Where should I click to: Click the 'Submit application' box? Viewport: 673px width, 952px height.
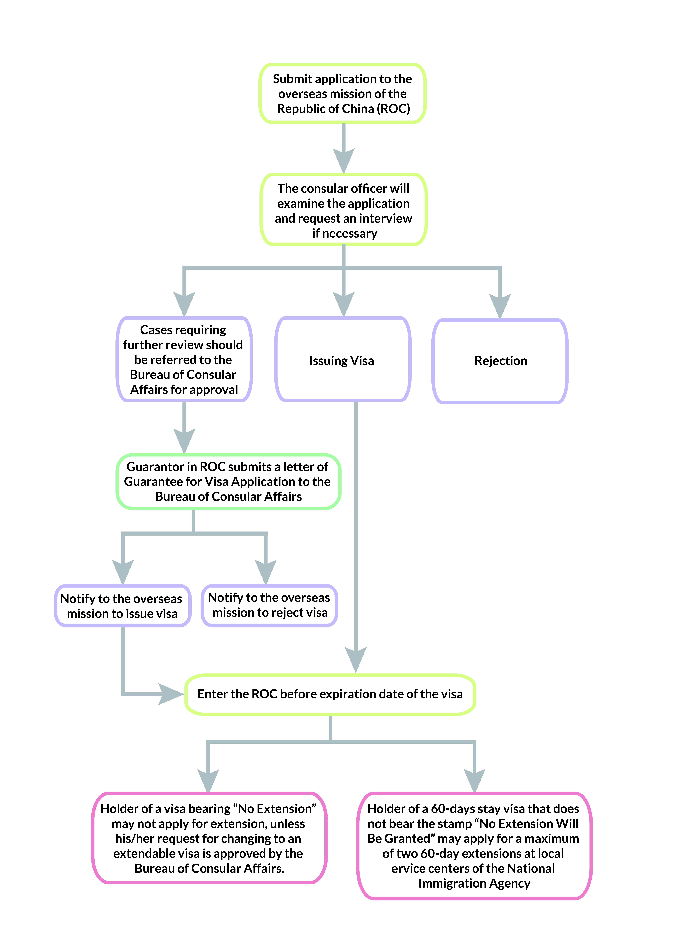343,93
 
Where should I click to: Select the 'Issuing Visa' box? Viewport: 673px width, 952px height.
343,359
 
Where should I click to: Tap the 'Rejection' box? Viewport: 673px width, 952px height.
500,361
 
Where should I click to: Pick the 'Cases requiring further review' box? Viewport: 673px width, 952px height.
184,359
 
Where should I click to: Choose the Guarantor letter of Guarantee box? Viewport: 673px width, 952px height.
228,481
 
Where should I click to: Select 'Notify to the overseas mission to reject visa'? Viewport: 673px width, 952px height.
270,605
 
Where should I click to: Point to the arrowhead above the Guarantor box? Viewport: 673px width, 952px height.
184,441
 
